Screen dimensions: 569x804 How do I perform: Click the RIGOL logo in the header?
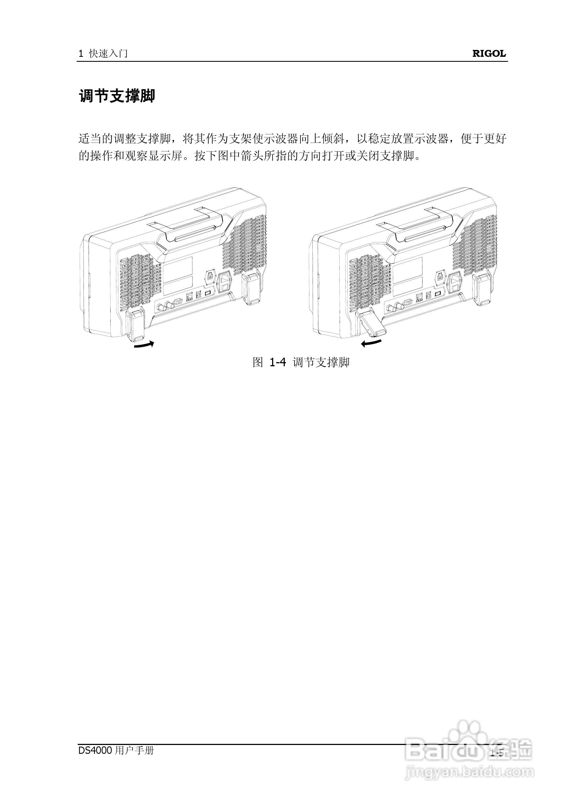pyautogui.click(x=489, y=54)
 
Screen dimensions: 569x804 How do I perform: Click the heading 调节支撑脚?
pyautogui.click(x=117, y=96)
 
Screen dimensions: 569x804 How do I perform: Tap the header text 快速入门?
pyautogui.click(x=108, y=54)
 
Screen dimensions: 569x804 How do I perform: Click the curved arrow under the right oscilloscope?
pyautogui.click(x=372, y=343)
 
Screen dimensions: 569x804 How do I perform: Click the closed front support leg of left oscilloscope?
pyautogui.click(x=136, y=325)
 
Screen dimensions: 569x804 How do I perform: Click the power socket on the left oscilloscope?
pyautogui.click(x=225, y=282)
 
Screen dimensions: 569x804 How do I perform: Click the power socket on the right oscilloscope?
pyautogui.click(x=455, y=282)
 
